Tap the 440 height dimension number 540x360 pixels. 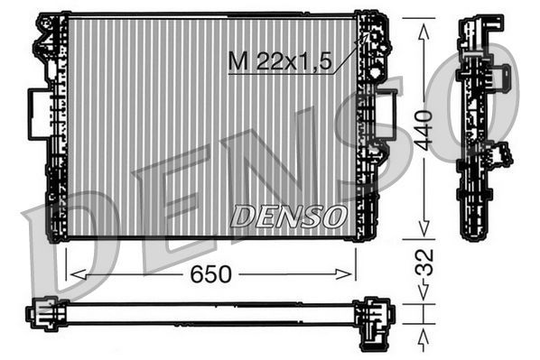(x=424, y=127)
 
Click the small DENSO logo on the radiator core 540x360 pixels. (x=289, y=216)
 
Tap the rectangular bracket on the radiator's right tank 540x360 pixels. (x=386, y=114)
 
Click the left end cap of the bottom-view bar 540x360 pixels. (x=42, y=313)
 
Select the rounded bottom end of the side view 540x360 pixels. (x=473, y=231)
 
